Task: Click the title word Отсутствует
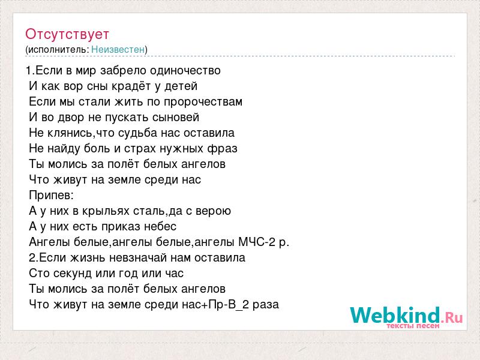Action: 67,34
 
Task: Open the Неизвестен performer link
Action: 118,49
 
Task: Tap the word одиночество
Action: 185,71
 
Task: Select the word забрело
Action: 124,71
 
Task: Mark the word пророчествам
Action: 203,102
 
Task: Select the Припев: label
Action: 52,196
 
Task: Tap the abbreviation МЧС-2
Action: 257,242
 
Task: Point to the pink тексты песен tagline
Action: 413,326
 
